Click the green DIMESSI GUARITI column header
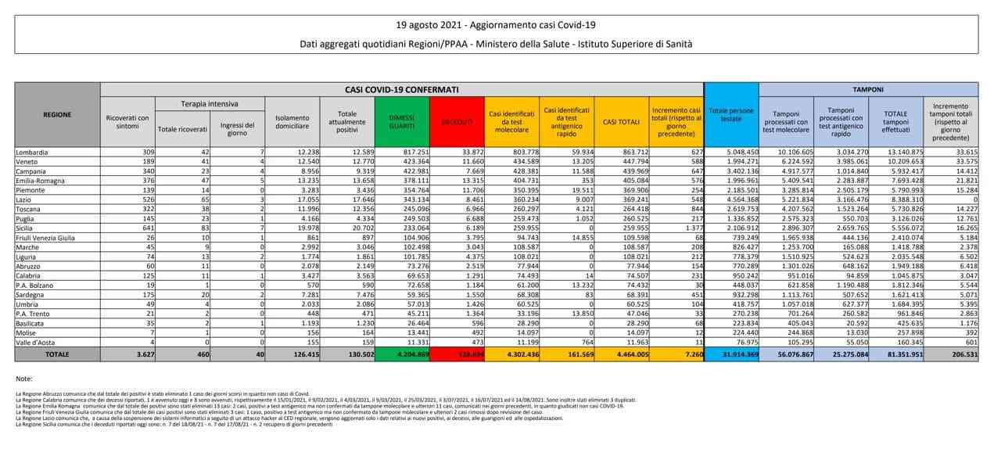pos(402,120)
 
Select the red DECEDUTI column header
pos(457,122)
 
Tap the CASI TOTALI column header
pos(621,121)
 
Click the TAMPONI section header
pos(867,90)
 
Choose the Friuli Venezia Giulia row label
pos(45,237)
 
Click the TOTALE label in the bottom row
pos(57,354)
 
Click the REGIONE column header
pos(57,114)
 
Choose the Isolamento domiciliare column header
pos(292,121)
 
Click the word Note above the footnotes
pos(23,379)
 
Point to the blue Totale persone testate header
pos(730,115)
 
